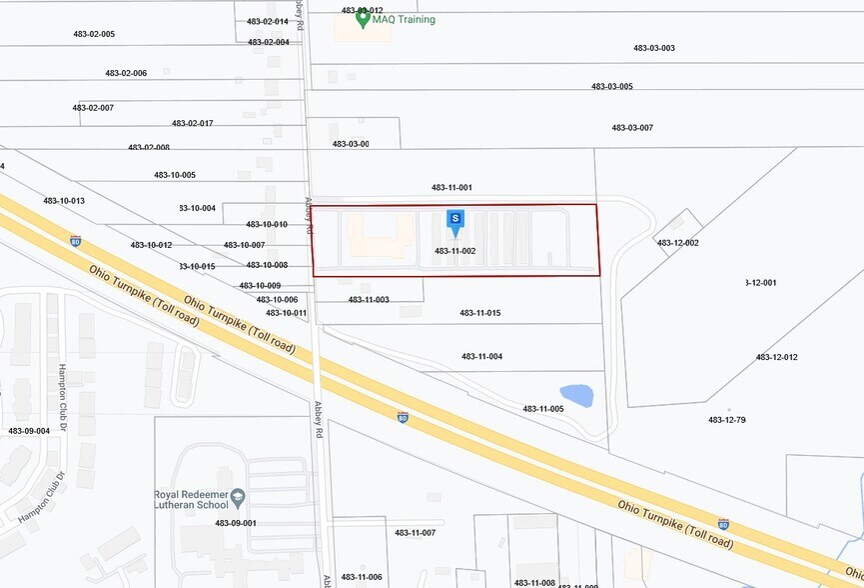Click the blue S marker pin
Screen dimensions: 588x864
455,219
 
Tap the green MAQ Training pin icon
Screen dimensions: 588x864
364,18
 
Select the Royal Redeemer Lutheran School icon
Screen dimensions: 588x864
238,495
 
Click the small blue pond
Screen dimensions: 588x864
576,396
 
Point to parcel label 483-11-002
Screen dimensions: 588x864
454,251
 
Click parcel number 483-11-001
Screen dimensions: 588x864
451,187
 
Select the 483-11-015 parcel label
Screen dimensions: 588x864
479,313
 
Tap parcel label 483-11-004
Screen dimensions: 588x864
481,356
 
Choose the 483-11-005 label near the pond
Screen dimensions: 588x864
542,408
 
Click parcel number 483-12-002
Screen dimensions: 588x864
677,243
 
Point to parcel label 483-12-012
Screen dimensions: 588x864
776,357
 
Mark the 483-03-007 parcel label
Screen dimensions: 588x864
632,127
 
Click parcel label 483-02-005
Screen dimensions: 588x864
94,34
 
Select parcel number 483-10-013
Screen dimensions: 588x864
64,201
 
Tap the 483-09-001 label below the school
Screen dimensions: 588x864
236,523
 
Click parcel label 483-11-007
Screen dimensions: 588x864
415,533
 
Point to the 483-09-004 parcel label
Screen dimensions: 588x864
29,431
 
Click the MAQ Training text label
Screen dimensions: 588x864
405,19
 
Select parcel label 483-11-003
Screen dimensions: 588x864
369,300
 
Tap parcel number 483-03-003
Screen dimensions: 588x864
654,48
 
